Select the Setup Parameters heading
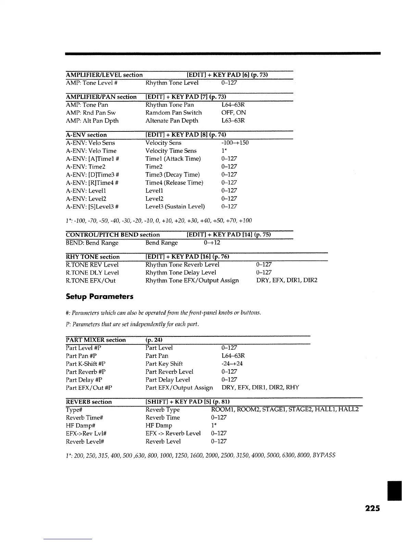pos(99,297)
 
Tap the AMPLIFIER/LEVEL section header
pos(104,75)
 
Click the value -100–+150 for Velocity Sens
pos(235,143)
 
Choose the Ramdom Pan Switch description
pos(174,113)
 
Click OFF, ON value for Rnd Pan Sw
pos(233,113)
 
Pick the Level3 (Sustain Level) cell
pos(175,207)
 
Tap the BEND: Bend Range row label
pos(92,243)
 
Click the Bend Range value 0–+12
pos(212,243)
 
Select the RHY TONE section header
pos(93,257)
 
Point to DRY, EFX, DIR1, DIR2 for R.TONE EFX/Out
pos(287,281)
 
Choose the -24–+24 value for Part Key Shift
pos(232,364)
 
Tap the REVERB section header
pos(89,402)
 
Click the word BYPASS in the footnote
pos(323,455)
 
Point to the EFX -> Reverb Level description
pos(173,434)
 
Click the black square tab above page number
pos(394,491)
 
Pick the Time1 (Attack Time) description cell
pos(173,159)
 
